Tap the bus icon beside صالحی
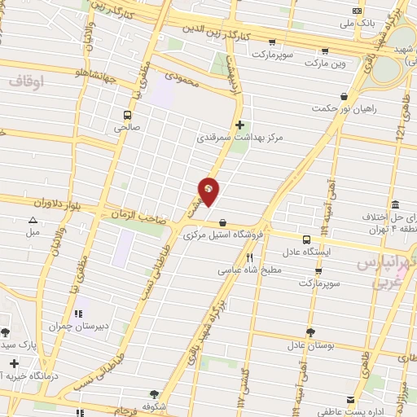coord(127,115)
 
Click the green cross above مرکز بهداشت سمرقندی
coord(239,125)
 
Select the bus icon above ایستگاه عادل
coord(306,239)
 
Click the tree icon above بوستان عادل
coord(310,331)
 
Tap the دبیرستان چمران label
coord(78,326)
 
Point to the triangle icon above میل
coord(33,220)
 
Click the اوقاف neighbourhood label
coord(28,81)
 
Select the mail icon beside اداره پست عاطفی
coord(350,400)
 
